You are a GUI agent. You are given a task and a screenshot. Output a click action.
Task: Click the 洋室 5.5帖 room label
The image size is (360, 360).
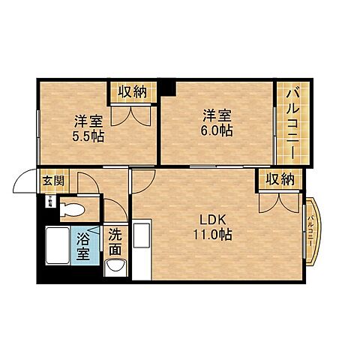pyautogui.click(x=89, y=127)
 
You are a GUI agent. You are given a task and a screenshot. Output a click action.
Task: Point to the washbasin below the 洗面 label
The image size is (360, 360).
pyautogui.click(x=115, y=266)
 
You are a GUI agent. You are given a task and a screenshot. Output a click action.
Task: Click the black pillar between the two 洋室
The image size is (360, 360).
pyautogui.click(x=169, y=87)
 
